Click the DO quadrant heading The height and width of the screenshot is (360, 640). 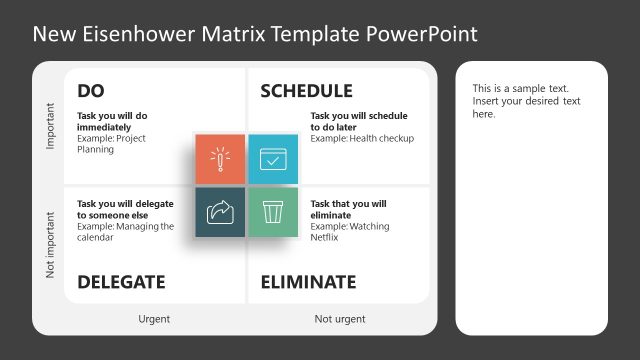(91, 91)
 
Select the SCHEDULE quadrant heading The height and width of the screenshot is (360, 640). (306, 91)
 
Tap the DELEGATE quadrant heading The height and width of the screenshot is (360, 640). (121, 282)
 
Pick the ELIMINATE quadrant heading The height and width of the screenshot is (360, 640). (308, 282)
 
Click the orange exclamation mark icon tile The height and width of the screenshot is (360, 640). (220, 159)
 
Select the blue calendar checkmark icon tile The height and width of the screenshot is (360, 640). (272, 159)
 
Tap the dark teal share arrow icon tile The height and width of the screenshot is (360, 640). (220, 211)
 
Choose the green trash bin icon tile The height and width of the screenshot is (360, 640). (272, 211)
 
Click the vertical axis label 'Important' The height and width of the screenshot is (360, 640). (50, 127)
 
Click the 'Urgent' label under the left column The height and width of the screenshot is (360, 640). (154, 319)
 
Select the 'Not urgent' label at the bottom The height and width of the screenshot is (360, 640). (339, 319)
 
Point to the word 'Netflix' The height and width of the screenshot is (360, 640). (326, 238)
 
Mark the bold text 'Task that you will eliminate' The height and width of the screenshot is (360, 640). (348, 209)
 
